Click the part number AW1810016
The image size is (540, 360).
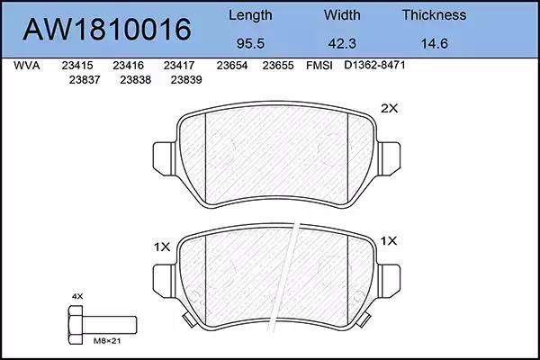[x=107, y=30]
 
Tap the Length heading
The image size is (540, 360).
[x=250, y=15]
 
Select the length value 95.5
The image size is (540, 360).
[x=250, y=44]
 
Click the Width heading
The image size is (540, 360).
[x=342, y=14]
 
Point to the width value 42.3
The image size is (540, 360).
[x=342, y=44]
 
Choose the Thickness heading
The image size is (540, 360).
[x=434, y=14]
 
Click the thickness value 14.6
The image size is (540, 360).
[x=435, y=44]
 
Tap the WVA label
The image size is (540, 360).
[x=27, y=66]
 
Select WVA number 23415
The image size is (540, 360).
[x=77, y=66]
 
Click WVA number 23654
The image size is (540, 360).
[x=232, y=66]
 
